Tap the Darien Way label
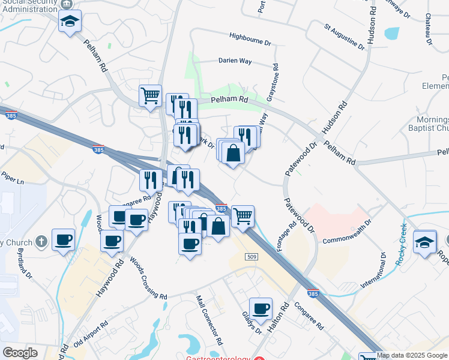[x=234, y=61]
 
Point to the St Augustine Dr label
[x=344, y=37]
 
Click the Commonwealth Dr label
[x=347, y=239]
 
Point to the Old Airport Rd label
[x=91, y=332]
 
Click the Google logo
[x=20, y=353]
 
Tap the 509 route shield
[x=253, y=257]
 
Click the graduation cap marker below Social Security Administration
[x=70, y=22]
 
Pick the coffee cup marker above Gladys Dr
[x=261, y=308]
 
